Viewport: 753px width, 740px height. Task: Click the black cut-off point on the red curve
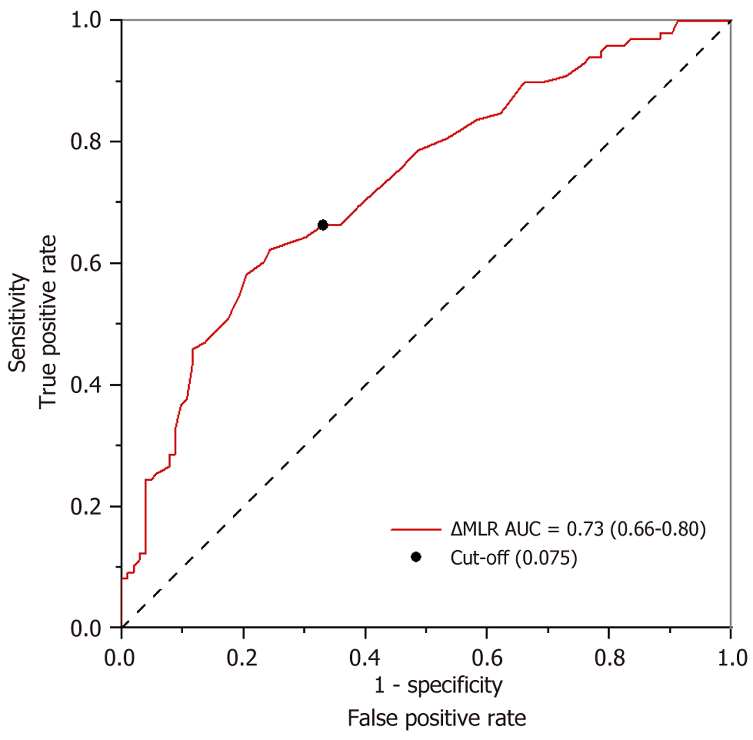pyautogui.click(x=322, y=225)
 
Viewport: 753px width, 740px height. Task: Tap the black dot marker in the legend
pyautogui.click(x=416, y=557)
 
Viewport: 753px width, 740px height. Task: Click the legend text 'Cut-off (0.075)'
pyautogui.click(x=514, y=558)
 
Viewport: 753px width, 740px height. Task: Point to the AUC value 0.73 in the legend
pyautogui.click(x=585, y=529)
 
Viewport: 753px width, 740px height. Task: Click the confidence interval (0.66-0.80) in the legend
pyautogui.click(x=658, y=529)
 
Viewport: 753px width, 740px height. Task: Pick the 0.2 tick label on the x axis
pyautogui.click(x=242, y=659)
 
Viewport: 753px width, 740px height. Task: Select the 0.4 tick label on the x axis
pyautogui.click(x=364, y=659)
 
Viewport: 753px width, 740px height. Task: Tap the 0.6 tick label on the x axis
pyautogui.click(x=487, y=659)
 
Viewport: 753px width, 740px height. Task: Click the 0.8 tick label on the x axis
pyautogui.click(x=609, y=659)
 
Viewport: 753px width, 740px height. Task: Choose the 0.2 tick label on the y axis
pyautogui.click(x=86, y=507)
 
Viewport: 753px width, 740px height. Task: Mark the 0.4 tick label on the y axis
pyautogui.click(x=86, y=385)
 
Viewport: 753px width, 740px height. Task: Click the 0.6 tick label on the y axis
pyautogui.click(x=86, y=263)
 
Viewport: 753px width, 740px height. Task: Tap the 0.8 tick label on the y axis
pyautogui.click(x=86, y=142)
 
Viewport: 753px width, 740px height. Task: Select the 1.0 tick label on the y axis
pyautogui.click(x=86, y=20)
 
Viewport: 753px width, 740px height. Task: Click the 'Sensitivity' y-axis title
pyautogui.click(x=18, y=323)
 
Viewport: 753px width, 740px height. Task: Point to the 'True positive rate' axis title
pyautogui.click(x=48, y=322)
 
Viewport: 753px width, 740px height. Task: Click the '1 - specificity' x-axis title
pyautogui.click(x=438, y=685)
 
